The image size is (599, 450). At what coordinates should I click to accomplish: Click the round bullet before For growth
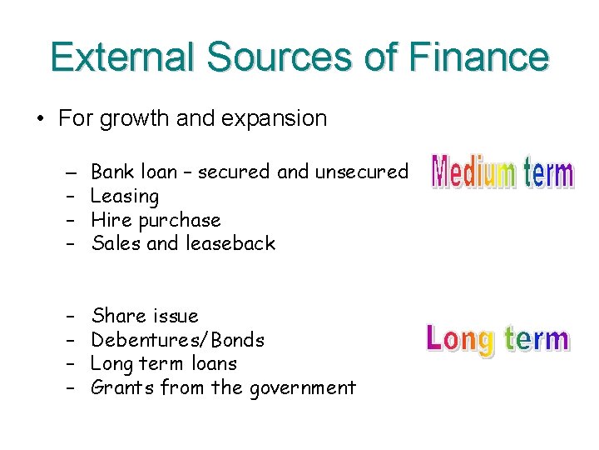39,118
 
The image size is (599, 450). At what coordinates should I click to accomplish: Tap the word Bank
111,172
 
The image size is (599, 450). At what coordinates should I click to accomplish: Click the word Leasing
125,196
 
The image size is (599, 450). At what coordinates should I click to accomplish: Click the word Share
116,316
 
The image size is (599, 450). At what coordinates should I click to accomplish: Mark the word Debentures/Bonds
177,340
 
